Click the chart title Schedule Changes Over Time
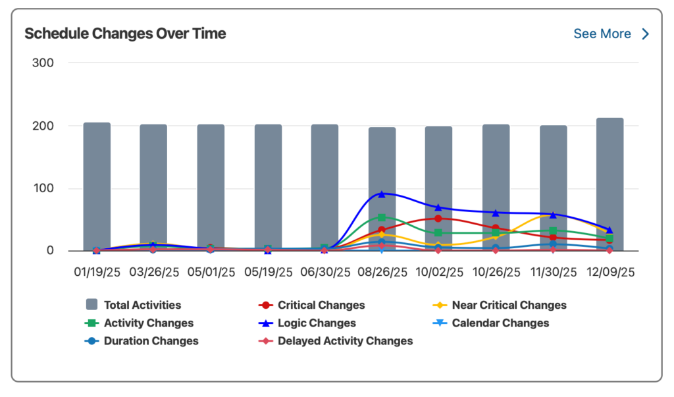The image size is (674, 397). [125, 34]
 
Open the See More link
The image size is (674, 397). [611, 34]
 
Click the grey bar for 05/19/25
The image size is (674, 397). [268, 187]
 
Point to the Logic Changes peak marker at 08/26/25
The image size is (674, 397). [382, 194]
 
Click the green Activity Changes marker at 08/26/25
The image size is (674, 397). [382, 217]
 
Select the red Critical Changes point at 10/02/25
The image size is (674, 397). [438, 219]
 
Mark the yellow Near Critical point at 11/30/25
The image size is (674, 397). [552, 215]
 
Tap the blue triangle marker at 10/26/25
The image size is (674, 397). [496, 213]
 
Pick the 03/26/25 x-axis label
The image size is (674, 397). [153, 272]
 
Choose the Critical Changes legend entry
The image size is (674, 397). [321, 305]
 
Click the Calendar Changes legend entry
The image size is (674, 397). [500, 323]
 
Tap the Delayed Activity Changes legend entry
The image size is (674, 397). [345, 341]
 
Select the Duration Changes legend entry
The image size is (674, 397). [151, 341]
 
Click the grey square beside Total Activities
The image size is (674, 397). [92, 305]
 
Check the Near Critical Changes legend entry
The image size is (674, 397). [509, 305]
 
